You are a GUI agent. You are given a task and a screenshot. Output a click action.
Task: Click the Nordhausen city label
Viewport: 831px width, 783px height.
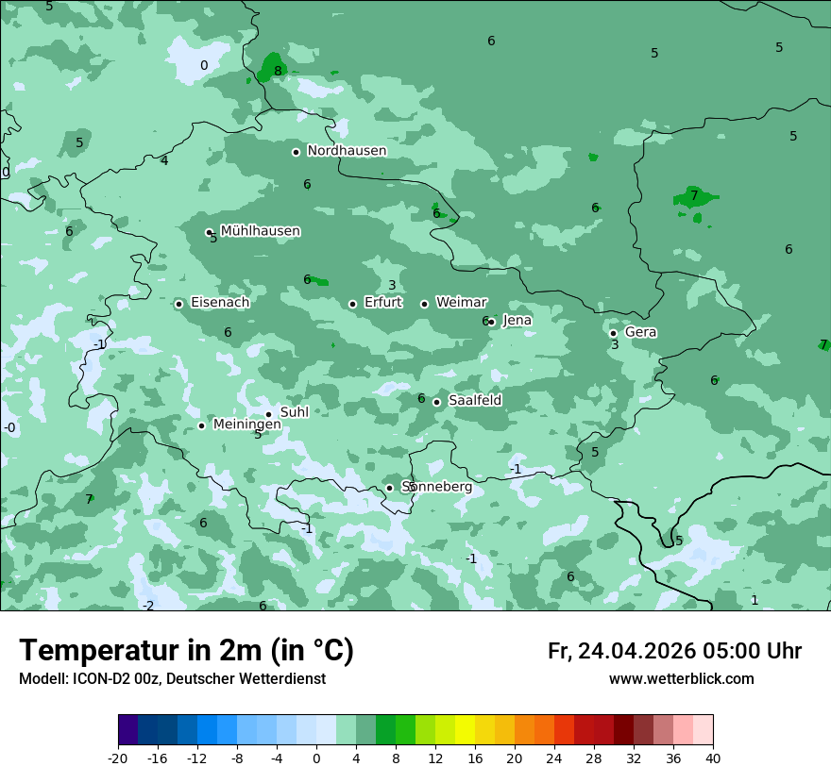(x=347, y=151)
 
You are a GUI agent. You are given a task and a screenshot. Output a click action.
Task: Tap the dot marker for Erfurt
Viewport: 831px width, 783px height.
(x=352, y=304)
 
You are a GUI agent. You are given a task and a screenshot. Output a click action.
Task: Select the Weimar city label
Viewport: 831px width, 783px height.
(x=461, y=302)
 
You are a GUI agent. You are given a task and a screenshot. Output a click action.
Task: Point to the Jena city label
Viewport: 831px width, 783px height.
(x=517, y=321)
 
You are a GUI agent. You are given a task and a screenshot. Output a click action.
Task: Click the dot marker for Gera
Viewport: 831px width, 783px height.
(x=613, y=333)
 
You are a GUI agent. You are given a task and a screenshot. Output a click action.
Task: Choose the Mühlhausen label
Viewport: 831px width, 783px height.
(x=260, y=231)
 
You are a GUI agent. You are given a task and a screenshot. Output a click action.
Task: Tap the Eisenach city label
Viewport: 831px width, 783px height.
(x=220, y=303)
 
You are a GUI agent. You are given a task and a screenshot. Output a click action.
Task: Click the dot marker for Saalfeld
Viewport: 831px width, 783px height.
(x=436, y=402)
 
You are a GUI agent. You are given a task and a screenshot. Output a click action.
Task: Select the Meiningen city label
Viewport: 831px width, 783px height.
(x=246, y=425)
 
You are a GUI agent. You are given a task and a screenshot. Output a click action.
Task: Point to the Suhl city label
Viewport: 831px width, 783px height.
(x=295, y=412)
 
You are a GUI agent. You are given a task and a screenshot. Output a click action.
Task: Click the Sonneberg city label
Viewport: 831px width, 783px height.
(x=436, y=487)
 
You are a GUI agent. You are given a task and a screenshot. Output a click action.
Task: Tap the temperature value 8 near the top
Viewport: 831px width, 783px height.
(x=278, y=71)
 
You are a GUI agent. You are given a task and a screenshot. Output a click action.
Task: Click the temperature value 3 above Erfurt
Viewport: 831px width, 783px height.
(x=392, y=286)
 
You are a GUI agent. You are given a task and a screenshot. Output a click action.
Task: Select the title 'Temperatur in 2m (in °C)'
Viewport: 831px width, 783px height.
(x=186, y=650)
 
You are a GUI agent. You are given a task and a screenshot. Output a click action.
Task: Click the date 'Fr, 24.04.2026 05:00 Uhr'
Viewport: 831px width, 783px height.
(x=674, y=651)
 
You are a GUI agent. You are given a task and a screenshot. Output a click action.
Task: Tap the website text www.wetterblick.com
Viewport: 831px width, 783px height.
(x=681, y=679)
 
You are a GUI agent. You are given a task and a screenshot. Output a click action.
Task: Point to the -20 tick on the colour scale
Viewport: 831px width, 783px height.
(x=118, y=758)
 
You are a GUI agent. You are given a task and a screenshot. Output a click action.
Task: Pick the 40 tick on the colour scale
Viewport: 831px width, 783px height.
(x=712, y=758)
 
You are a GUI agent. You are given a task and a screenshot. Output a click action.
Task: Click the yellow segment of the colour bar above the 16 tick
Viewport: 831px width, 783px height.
(x=465, y=730)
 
